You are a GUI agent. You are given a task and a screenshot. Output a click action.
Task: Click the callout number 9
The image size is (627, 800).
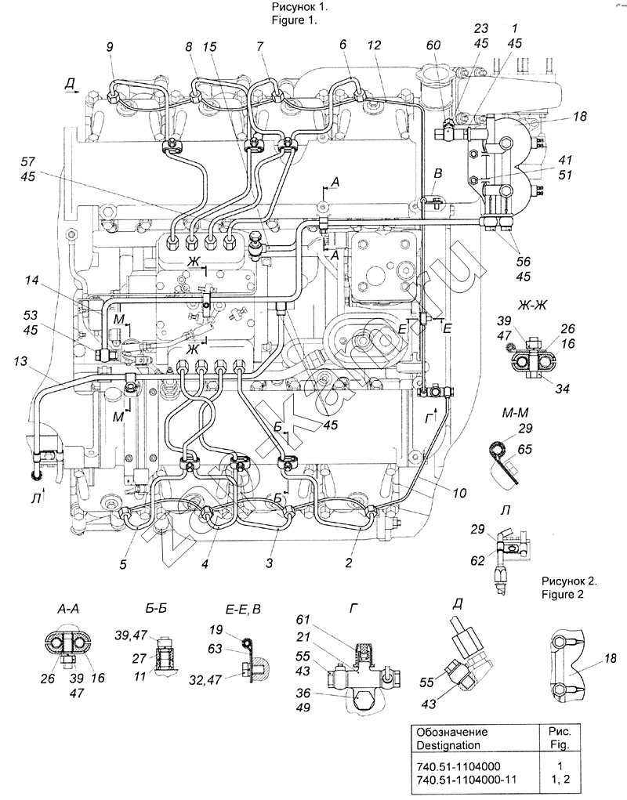click(x=111, y=48)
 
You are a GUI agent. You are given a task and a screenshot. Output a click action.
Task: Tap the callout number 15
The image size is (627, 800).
click(x=210, y=48)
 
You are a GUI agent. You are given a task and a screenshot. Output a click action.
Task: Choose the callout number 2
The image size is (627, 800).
click(x=350, y=560)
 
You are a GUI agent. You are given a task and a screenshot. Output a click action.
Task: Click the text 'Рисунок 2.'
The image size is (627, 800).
click(x=569, y=581)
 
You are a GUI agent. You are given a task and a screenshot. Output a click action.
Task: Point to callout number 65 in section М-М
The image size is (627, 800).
click(x=524, y=450)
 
